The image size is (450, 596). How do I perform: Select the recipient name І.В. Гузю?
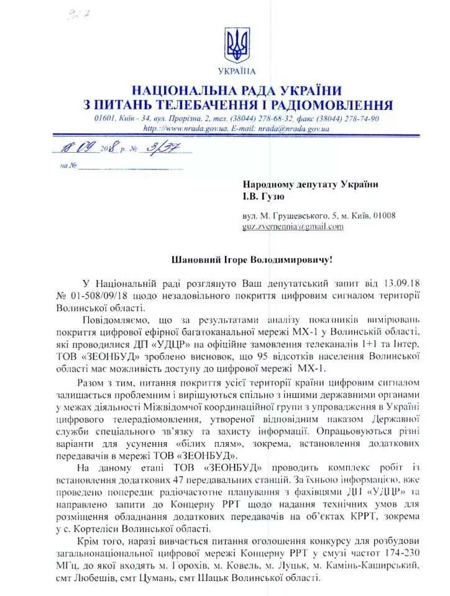(264, 197)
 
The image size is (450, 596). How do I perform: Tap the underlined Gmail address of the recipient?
(293, 227)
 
